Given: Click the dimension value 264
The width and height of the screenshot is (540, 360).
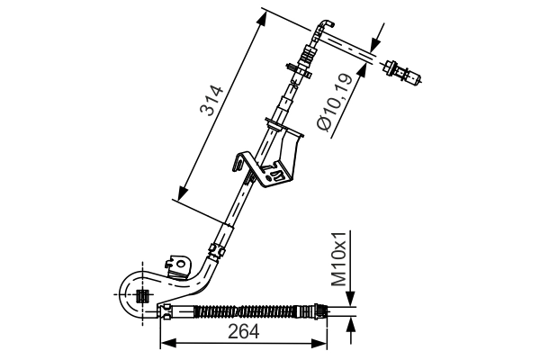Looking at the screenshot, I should click(x=242, y=332).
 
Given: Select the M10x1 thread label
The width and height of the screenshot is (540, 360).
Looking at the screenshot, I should click(x=339, y=259).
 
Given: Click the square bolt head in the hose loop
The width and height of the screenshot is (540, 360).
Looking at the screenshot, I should click(x=141, y=296).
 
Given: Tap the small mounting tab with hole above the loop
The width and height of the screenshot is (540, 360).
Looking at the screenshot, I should click(x=179, y=265).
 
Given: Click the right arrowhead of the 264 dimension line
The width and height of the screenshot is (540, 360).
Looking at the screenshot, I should click(x=321, y=343).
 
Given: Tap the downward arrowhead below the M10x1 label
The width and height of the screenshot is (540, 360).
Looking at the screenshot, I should click(x=352, y=303).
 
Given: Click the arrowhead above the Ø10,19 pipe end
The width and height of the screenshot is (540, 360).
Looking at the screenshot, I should click(x=377, y=40).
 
